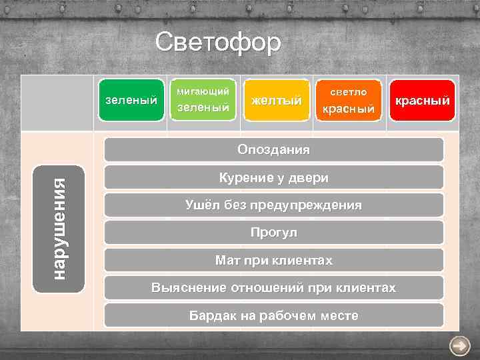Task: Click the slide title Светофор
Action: click(x=218, y=43)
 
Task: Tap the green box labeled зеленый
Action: click(x=131, y=101)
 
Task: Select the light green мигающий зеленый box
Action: click(x=203, y=100)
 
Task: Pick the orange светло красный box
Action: click(x=349, y=101)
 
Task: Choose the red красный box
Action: click(x=422, y=101)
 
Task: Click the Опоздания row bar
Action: click(x=273, y=149)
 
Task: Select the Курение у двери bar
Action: click(x=273, y=177)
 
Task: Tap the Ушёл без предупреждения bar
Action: click(x=273, y=205)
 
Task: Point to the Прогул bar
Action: click(x=273, y=233)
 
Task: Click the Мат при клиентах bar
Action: click(x=273, y=260)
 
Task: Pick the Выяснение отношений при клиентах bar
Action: click(x=273, y=288)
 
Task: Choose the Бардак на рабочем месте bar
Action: click(x=273, y=315)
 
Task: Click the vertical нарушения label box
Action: click(x=59, y=229)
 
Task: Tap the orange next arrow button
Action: click(x=459, y=345)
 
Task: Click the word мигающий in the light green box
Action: click(x=202, y=91)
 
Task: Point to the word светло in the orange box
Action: click(x=349, y=91)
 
